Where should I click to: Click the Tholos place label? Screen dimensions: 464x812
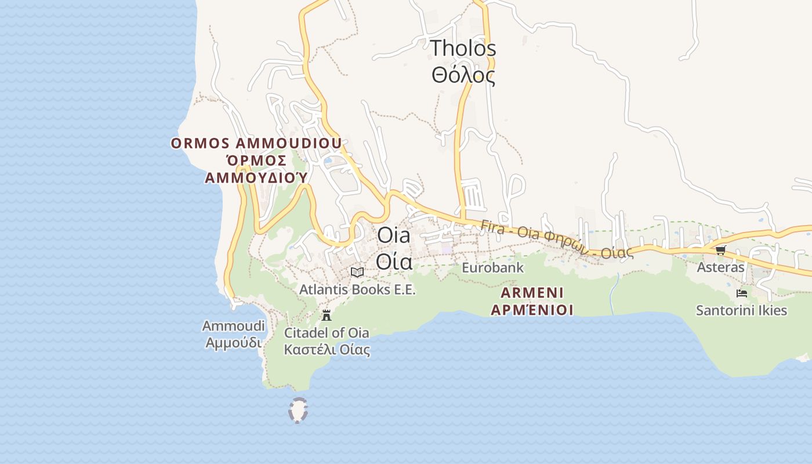pos(463,49)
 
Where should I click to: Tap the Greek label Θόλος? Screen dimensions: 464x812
pos(463,75)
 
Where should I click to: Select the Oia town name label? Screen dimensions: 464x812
pos(393,235)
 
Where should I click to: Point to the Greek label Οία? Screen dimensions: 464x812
pos(394,262)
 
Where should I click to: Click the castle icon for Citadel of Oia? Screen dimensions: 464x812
pos(327,316)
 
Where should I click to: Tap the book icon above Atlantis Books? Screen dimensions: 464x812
pos(357,272)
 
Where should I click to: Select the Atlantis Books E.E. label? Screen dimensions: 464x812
pos(357,289)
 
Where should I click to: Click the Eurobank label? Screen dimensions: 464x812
pos(492,268)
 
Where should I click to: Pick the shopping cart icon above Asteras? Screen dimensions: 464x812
pos(720,251)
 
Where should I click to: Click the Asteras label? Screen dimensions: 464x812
pos(720,267)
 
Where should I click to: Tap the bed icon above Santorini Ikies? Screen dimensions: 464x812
pos(741,293)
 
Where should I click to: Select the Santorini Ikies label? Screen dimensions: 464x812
pos(741,310)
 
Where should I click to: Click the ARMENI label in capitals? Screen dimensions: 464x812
pos(532,292)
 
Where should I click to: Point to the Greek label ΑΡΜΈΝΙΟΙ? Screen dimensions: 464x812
pos(532,310)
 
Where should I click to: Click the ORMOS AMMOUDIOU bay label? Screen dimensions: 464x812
pos(256,143)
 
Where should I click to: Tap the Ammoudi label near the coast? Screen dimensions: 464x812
pos(233,326)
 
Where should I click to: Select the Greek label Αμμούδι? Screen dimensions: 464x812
pos(233,343)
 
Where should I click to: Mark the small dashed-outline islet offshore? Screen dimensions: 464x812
pos(298,411)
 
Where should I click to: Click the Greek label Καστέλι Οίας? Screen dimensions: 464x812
pos(327,350)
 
